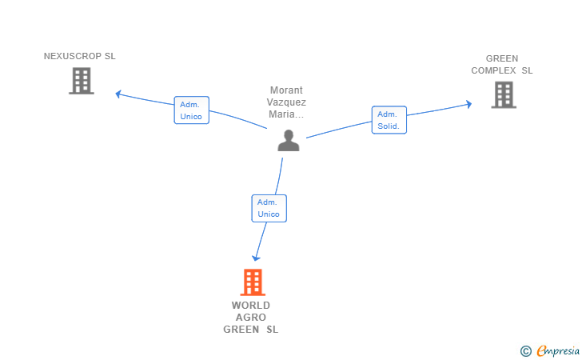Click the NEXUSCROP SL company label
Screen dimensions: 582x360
(x=79, y=56)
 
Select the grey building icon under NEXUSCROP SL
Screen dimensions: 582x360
(x=82, y=81)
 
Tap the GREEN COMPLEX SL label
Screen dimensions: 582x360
(x=502, y=64)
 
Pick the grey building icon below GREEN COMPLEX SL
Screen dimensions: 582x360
(x=504, y=94)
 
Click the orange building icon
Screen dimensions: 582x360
(x=253, y=282)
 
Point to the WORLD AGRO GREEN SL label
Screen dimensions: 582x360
(x=251, y=318)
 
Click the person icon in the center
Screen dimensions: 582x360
(x=289, y=141)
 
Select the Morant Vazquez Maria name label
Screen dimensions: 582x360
(x=286, y=102)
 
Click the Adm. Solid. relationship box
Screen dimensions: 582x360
(x=389, y=120)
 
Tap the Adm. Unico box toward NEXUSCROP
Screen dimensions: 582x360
(x=192, y=110)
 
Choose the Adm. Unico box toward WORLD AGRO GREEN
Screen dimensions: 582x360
(x=269, y=209)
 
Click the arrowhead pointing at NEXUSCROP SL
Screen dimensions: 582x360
(x=118, y=94)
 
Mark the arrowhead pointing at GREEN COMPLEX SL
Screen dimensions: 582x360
(x=469, y=104)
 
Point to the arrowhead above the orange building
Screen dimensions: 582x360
(x=256, y=258)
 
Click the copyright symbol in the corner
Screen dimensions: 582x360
(x=525, y=351)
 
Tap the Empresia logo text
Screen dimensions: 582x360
(x=558, y=350)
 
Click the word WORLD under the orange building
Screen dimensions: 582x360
(x=251, y=306)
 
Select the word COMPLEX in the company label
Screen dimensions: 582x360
(x=494, y=70)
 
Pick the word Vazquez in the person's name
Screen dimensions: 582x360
(x=286, y=102)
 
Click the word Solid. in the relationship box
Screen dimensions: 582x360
(x=389, y=126)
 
